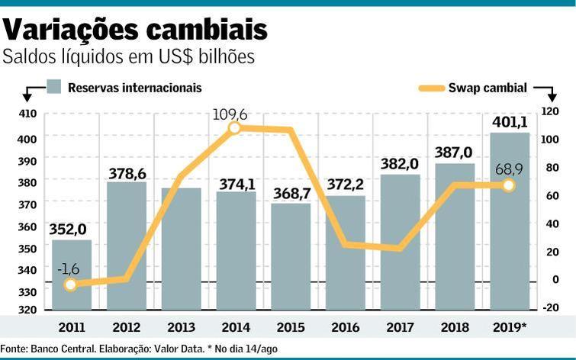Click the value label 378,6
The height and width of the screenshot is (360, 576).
coord(127,174)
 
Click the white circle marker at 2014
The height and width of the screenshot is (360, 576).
coord(234,128)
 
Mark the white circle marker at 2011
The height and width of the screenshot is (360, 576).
coord(70,284)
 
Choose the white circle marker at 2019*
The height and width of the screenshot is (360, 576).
coord(509,185)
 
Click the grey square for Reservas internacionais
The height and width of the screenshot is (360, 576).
coord(53,87)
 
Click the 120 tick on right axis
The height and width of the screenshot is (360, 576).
coord(551,111)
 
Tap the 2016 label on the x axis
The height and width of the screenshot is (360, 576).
coord(345,327)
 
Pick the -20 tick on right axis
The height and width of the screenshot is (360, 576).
coord(550,307)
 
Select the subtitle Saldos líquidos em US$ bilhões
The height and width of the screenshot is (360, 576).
coord(128,57)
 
